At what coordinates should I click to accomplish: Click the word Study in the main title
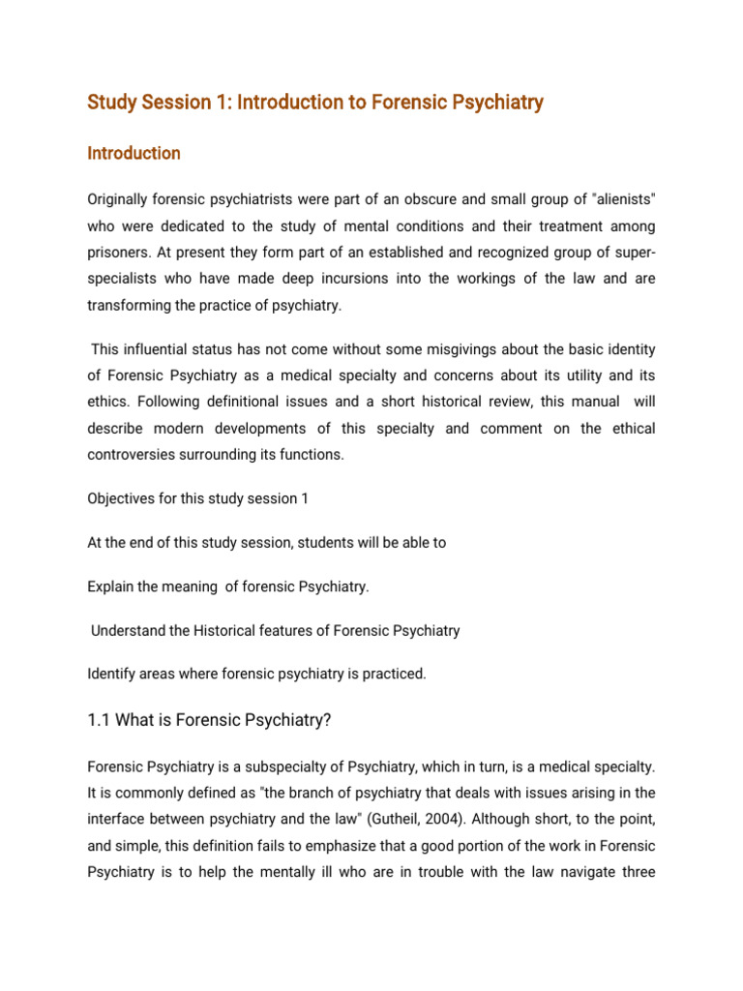coord(113,102)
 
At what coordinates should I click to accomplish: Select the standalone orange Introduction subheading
coord(134,153)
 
